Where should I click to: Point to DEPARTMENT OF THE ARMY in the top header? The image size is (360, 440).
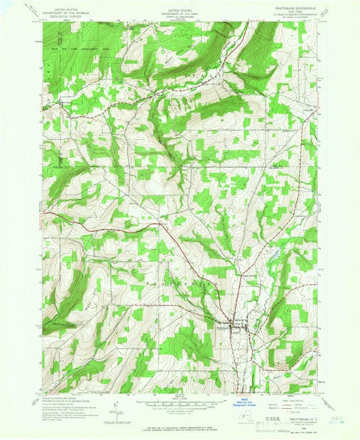179,9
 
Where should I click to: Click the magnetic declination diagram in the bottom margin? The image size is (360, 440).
119,408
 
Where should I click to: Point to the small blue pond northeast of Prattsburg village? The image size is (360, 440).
276,255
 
